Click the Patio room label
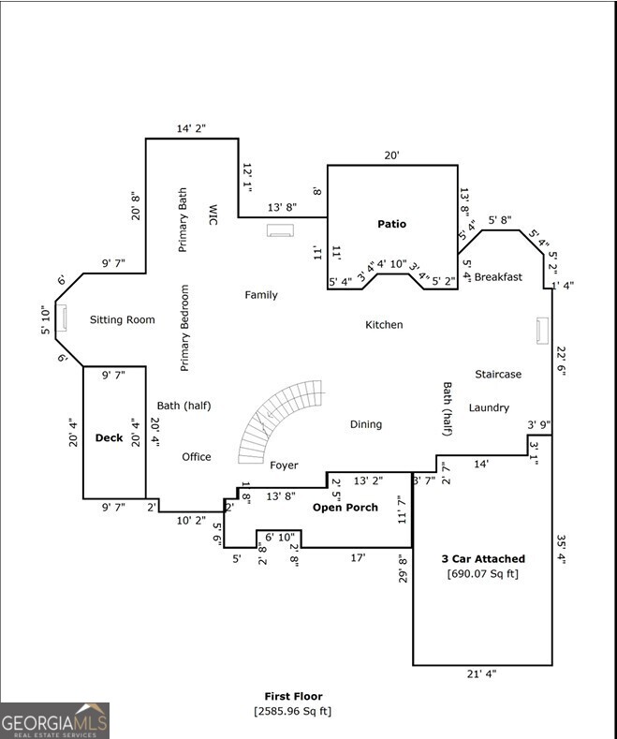[x=392, y=224]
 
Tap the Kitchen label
[x=384, y=325]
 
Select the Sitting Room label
[x=122, y=320]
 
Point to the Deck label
[x=109, y=437]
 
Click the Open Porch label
[x=345, y=508]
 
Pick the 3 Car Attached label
[x=483, y=559]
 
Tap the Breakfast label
[x=498, y=277]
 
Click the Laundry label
[x=489, y=407]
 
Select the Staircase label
[x=498, y=375]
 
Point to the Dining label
[x=366, y=424]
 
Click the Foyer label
[x=284, y=466]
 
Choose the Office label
[x=196, y=457]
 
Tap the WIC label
[x=213, y=214]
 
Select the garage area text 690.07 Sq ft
[x=483, y=574]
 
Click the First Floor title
[x=292, y=697]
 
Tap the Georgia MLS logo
[x=54, y=721]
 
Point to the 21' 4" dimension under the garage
[x=481, y=674]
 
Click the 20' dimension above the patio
[x=391, y=156]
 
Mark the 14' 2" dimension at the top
[x=191, y=129]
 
